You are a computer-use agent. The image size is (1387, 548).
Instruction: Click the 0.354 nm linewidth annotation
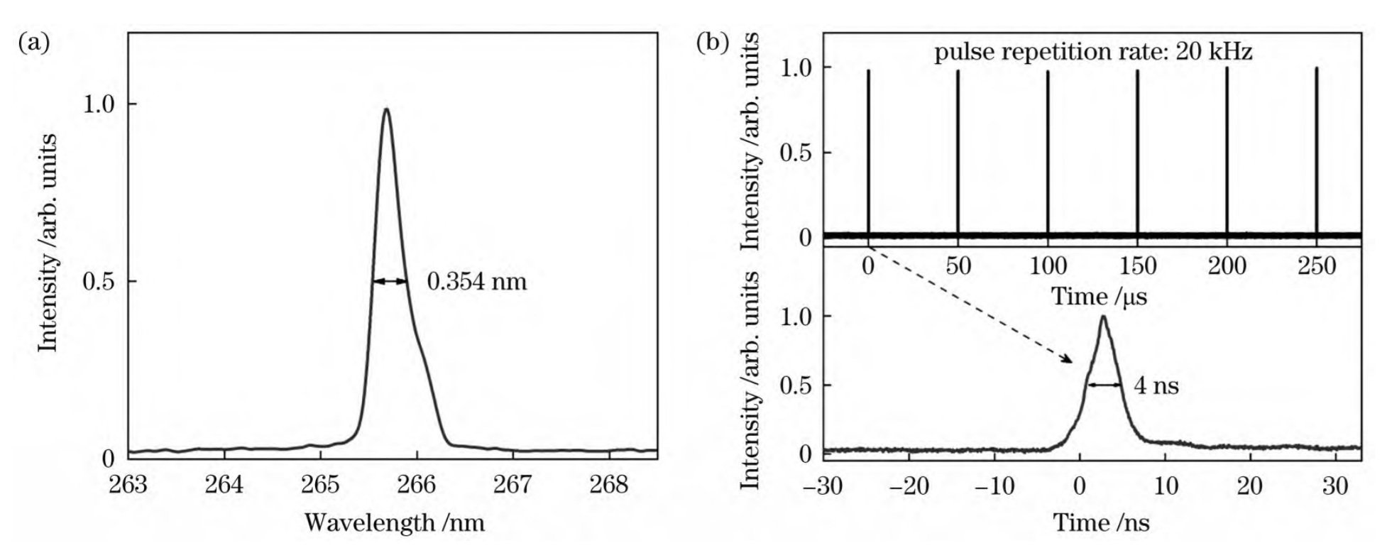click(476, 282)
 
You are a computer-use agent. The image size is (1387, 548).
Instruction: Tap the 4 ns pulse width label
click(1156, 385)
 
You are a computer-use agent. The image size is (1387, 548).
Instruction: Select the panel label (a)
click(33, 44)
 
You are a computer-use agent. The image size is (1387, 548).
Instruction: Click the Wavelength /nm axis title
click(394, 523)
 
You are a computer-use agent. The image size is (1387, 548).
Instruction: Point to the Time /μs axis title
click(1098, 296)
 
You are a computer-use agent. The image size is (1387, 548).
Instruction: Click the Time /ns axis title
click(1100, 523)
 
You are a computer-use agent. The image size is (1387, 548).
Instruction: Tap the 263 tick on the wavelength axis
click(128, 485)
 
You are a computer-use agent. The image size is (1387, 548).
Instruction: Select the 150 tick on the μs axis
click(1137, 267)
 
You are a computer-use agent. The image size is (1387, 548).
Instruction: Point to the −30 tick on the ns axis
click(823, 486)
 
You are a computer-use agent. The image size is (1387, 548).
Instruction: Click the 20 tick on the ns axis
click(1250, 486)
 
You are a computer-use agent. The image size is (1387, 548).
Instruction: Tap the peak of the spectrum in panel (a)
click(386, 109)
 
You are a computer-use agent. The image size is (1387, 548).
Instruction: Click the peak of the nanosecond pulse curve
click(1103, 317)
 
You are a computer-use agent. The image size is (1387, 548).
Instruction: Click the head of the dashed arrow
click(1070, 361)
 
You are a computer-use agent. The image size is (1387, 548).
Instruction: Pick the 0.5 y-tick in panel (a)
click(98, 282)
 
